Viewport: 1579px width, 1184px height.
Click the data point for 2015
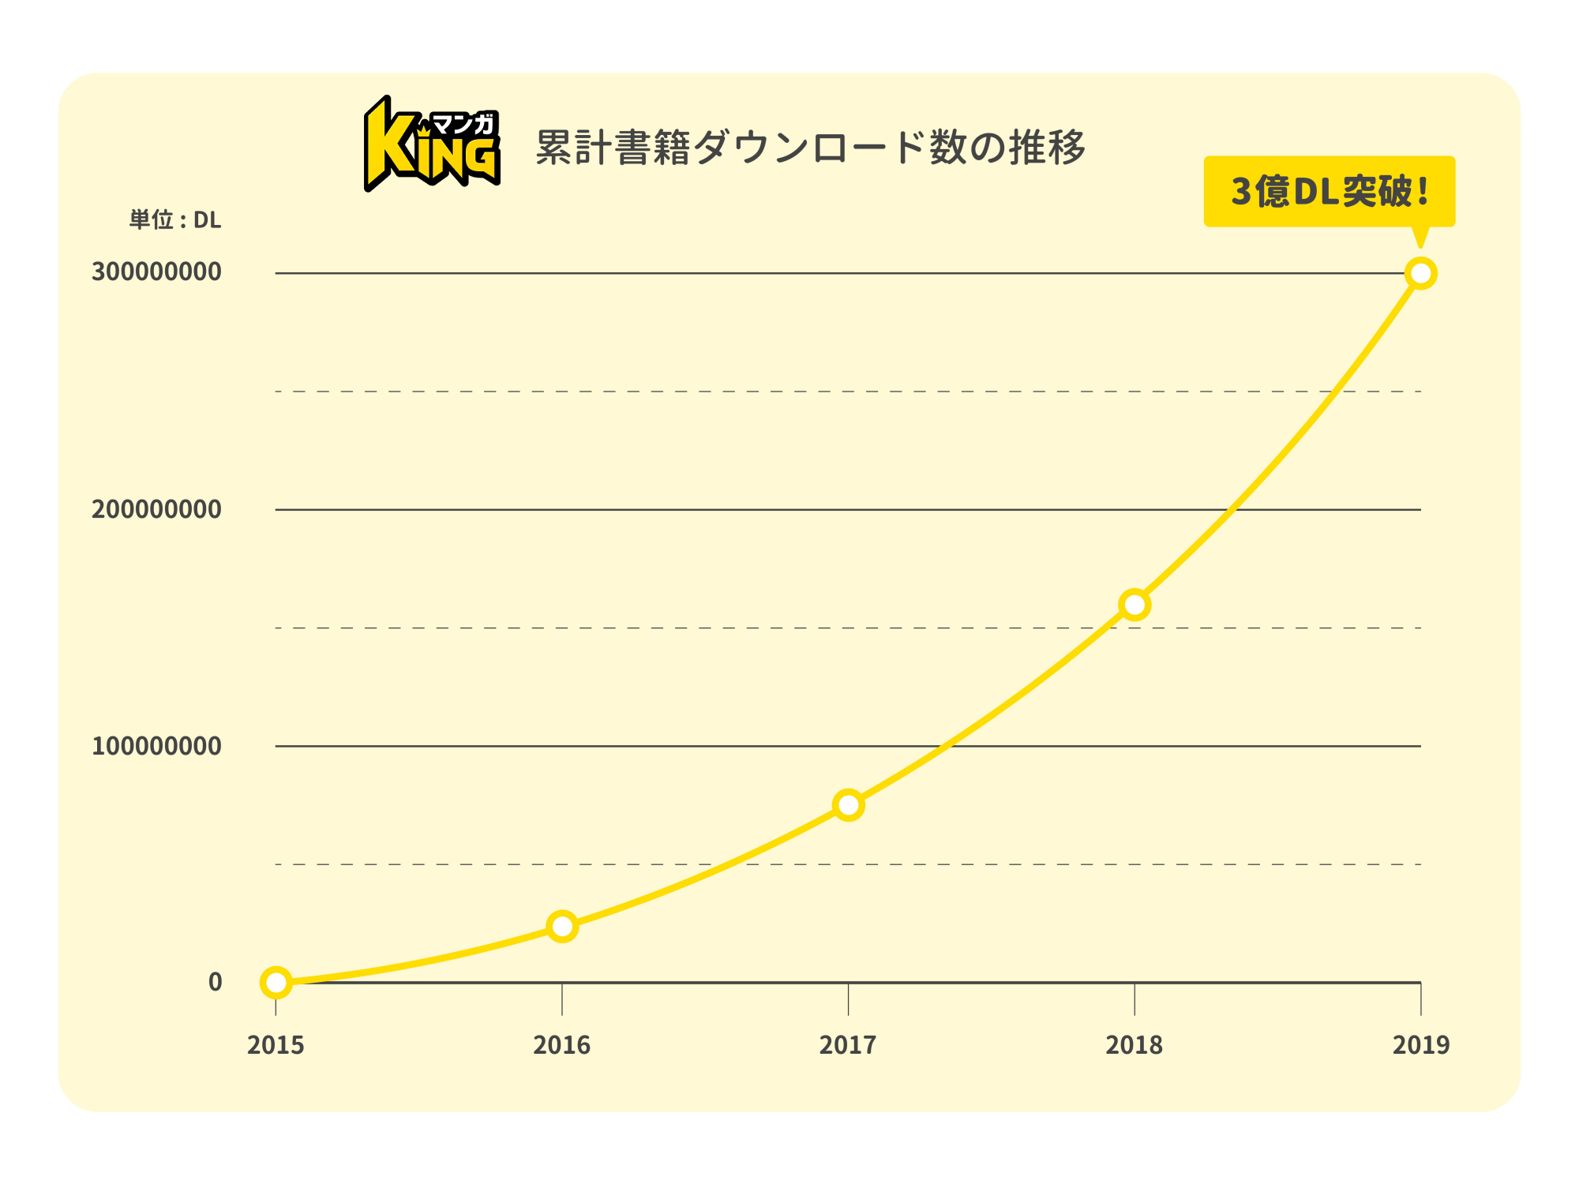pyautogui.click(x=276, y=983)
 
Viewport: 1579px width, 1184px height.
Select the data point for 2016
pyautogui.click(x=562, y=926)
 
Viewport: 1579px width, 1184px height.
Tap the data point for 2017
pyautogui.click(x=848, y=805)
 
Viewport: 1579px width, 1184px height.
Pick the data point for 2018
pyautogui.click(x=1135, y=605)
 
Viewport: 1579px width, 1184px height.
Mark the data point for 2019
pyautogui.click(x=1420, y=274)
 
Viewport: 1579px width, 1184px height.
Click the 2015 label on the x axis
pyautogui.click(x=276, y=1045)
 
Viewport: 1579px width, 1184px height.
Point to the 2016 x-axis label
pyautogui.click(x=562, y=1045)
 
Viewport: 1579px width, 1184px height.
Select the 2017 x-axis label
pyautogui.click(x=848, y=1045)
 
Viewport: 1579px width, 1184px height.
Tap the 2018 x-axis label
pyautogui.click(x=1135, y=1045)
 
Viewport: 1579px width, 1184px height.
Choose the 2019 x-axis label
pyautogui.click(x=1420, y=1045)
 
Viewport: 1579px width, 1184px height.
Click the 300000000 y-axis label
pyautogui.click(x=156, y=272)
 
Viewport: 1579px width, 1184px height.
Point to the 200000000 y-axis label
pyautogui.click(x=156, y=510)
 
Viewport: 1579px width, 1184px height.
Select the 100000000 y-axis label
pyautogui.click(x=156, y=746)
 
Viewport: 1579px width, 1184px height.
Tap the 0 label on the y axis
pyautogui.click(x=215, y=983)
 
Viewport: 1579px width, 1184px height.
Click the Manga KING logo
pyautogui.click(x=431, y=144)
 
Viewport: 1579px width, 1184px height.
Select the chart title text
pyautogui.click(x=810, y=148)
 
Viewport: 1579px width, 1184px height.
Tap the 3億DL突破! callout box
pyautogui.click(x=1329, y=191)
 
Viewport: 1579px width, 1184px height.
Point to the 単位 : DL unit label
pyautogui.click(x=175, y=220)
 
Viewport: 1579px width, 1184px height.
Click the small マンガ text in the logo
pyautogui.click(x=464, y=124)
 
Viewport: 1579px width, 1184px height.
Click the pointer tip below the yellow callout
pyautogui.click(x=1420, y=244)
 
